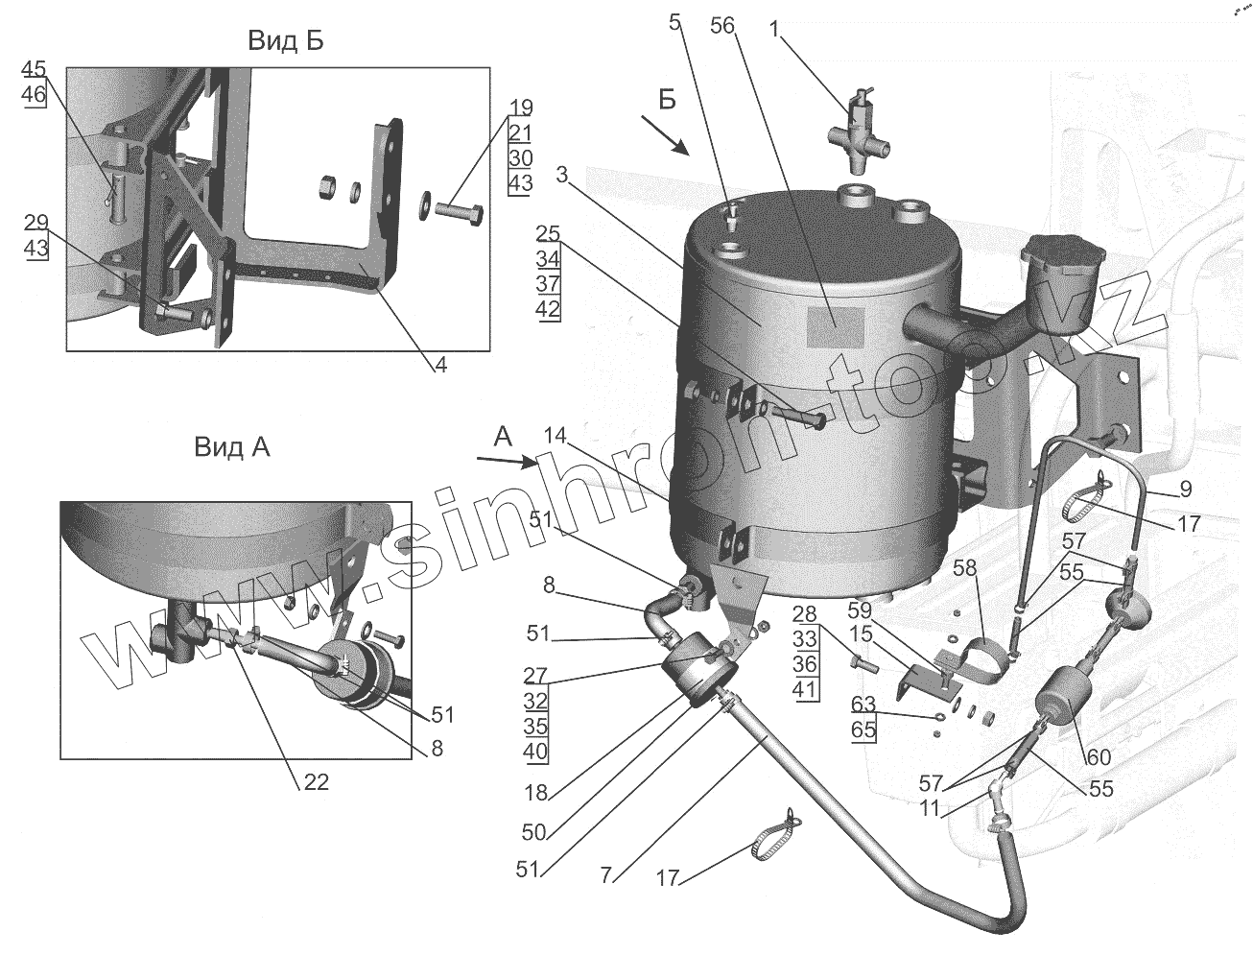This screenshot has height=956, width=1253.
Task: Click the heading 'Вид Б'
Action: pyautogui.click(x=286, y=41)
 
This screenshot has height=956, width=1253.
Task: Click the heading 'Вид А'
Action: pyautogui.click(x=232, y=447)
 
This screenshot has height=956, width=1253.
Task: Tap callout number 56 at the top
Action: pyautogui.click(x=722, y=26)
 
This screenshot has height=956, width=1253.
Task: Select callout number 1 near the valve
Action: pyautogui.click(x=774, y=30)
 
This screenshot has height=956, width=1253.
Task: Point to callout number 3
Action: pyautogui.click(x=562, y=174)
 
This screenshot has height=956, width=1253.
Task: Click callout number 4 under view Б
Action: pyautogui.click(x=440, y=365)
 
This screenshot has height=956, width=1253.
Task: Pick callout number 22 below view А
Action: pyautogui.click(x=316, y=782)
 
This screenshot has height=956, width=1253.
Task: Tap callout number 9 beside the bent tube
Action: pyautogui.click(x=1186, y=490)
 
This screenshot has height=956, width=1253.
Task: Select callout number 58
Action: pyautogui.click(x=964, y=568)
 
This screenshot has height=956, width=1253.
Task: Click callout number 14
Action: pyautogui.click(x=553, y=435)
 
